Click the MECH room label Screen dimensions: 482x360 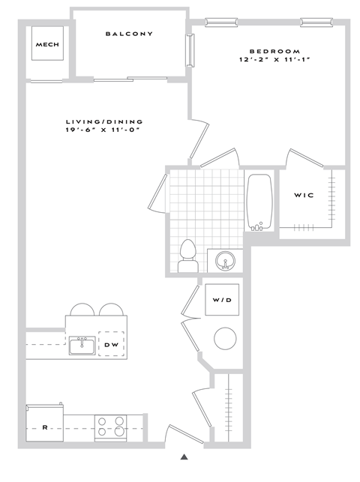[46, 44]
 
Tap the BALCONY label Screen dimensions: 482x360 [129, 34]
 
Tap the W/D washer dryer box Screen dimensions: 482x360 [223, 301]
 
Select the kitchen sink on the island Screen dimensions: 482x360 [81, 346]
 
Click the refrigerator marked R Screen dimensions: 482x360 [44, 427]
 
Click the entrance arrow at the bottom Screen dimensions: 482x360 [184, 456]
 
